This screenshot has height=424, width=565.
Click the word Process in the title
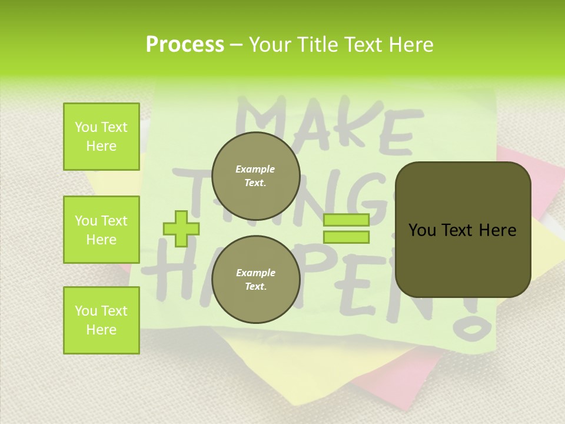point(185,45)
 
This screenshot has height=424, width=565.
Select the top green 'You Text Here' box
point(101,137)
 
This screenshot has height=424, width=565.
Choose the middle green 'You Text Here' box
point(101,230)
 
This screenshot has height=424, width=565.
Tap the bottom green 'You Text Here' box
point(101,320)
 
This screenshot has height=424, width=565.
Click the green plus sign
point(181,228)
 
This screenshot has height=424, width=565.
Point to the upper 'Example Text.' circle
point(255,175)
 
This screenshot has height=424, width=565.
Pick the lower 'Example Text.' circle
point(255,279)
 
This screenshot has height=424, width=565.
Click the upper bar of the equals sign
point(346,220)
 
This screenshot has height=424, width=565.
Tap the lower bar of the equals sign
point(346,237)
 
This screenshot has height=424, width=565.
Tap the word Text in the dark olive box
point(462,230)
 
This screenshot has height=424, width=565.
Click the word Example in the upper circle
point(255,169)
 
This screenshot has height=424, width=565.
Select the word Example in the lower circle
point(255,273)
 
